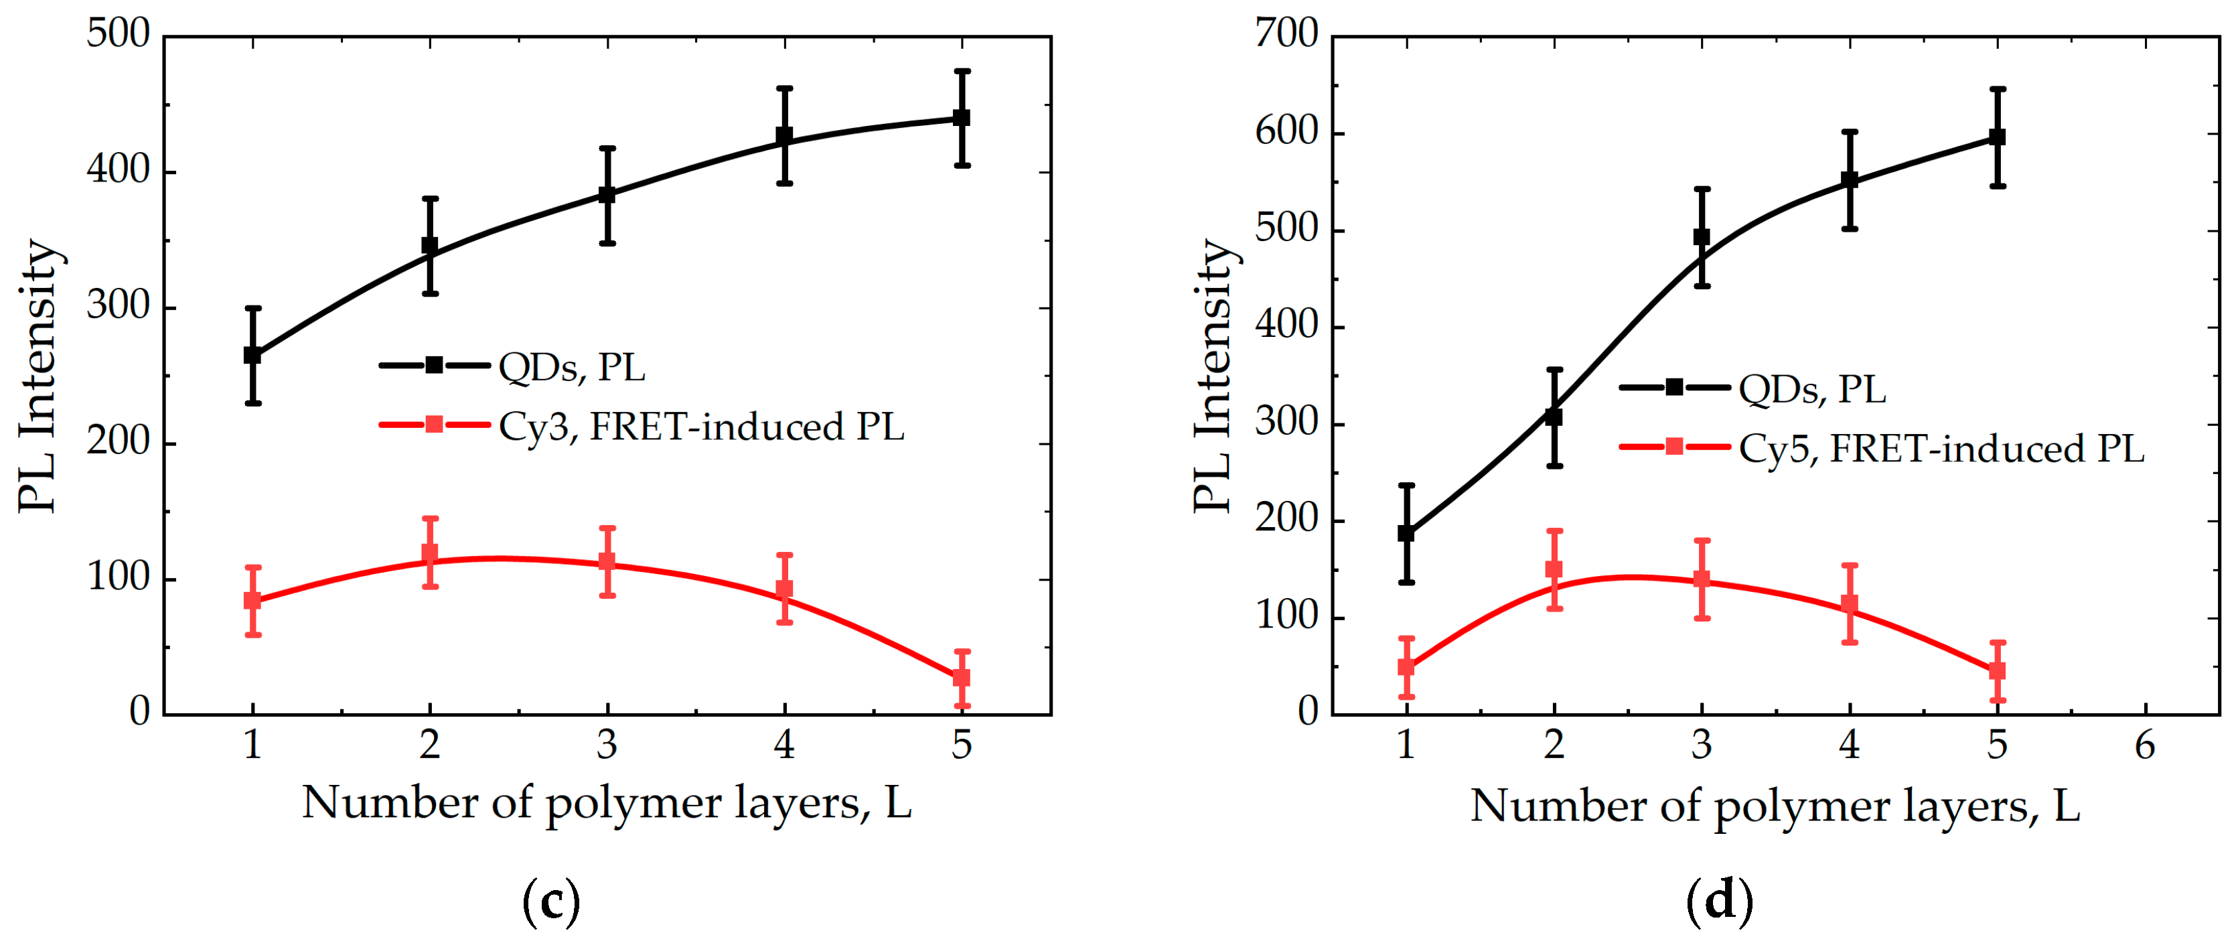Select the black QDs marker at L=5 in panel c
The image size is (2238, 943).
(x=962, y=117)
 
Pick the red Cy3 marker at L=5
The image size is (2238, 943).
(x=962, y=677)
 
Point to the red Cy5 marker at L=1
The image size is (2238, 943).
(x=1406, y=666)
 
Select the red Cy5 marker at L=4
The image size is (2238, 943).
(x=1850, y=603)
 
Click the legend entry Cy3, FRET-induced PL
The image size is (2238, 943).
(x=701, y=426)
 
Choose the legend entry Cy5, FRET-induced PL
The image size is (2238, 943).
(x=1941, y=447)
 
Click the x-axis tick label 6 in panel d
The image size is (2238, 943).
(x=2145, y=745)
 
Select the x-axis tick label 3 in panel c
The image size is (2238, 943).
(x=607, y=745)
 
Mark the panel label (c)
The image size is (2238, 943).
(x=551, y=901)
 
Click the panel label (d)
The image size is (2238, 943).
(x=1719, y=901)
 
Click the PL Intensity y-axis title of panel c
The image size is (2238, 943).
(x=38, y=376)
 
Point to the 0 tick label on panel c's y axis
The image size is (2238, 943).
(x=139, y=712)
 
